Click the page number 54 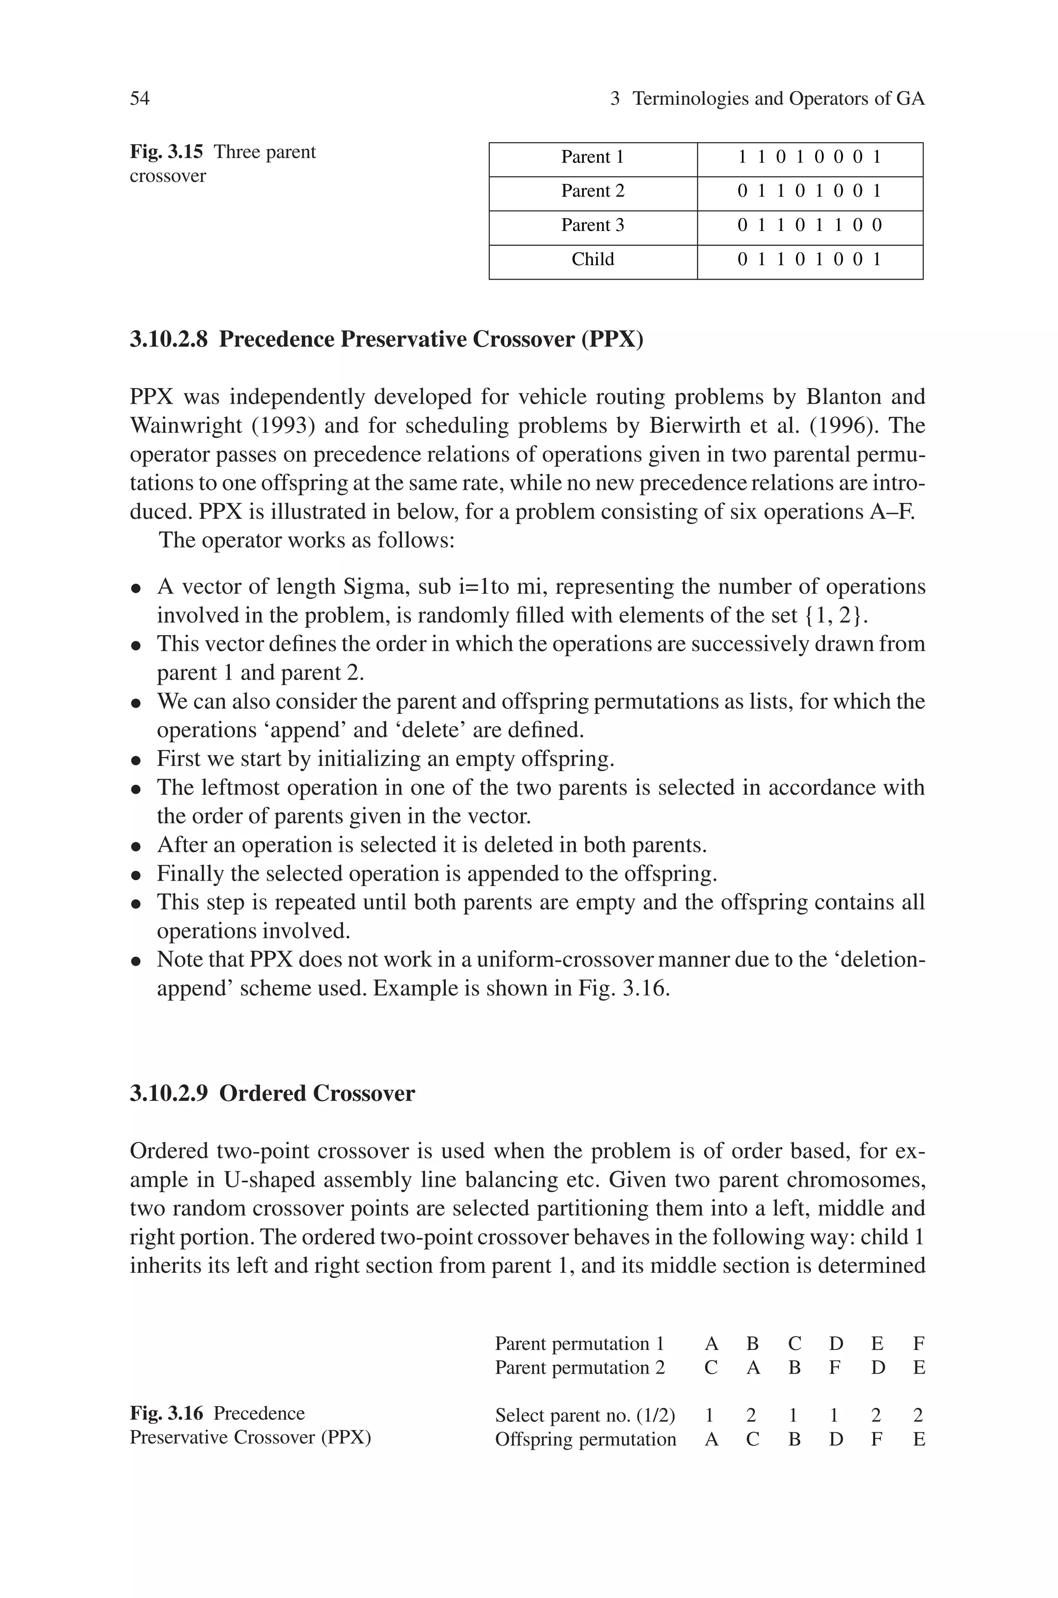(x=139, y=99)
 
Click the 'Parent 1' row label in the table (x=593, y=157)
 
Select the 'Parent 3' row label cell (x=593, y=225)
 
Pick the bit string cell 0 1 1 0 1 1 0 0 (x=809, y=225)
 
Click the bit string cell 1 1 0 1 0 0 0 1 (x=809, y=157)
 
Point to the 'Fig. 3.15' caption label (x=166, y=152)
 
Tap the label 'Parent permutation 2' (x=580, y=1368)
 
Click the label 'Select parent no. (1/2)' (x=585, y=1415)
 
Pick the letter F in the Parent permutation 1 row (x=919, y=1344)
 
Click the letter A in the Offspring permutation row (x=711, y=1439)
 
